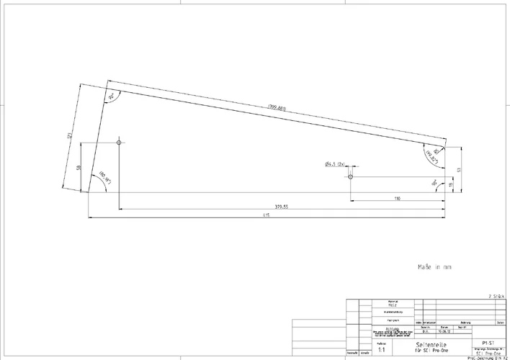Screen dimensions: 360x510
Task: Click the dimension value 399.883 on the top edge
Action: click(x=277, y=108)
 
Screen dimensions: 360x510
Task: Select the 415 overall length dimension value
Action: click(x=266, y=215)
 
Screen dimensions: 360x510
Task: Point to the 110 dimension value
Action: click(x=397, y=197)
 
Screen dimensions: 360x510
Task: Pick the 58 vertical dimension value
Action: click(x=78, y=167)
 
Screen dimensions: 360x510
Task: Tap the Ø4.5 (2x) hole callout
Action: click(x=336, y=164)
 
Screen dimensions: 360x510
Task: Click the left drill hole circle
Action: click(x=119, y=143)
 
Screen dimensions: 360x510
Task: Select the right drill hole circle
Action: click(x=350, y=176)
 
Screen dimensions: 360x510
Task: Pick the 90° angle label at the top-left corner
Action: click(x=112, y=96)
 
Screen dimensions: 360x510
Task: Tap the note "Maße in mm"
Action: click(x=434, y=266)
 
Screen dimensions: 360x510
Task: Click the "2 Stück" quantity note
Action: click(x=496, y=295)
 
